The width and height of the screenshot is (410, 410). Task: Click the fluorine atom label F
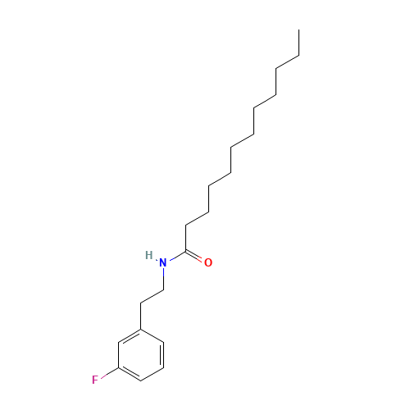click(96, 380)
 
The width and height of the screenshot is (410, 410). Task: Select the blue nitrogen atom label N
click(162, 263)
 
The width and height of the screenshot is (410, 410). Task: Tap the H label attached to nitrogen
click(148, 255)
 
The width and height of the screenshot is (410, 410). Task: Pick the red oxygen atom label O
click(208, 263)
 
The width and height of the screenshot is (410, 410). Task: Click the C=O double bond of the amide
click(196, 257)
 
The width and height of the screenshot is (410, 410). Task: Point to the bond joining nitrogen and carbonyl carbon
click(175, 257)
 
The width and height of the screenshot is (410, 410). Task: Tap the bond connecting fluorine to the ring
click(110, 374)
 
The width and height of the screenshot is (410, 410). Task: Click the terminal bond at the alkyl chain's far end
click(286, 63)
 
